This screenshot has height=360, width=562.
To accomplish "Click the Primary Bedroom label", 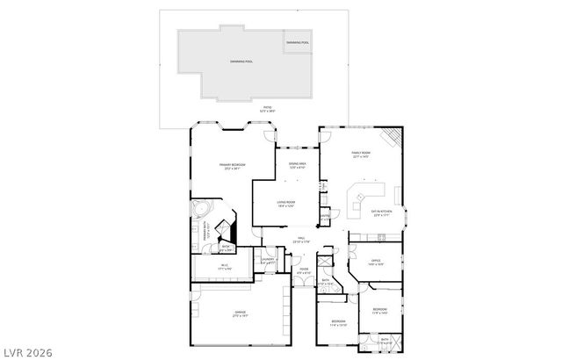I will (x=232, y=166).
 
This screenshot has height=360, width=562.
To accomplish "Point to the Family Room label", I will (x=359, y=155).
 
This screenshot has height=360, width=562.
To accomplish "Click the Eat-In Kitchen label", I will (x=381, y=212).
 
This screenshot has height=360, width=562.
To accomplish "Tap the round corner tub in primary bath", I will (x=202, y=212).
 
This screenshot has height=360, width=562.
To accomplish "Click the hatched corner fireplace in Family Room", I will (x=392, y=138).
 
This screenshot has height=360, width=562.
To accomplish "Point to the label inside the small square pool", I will (x=298, y=42).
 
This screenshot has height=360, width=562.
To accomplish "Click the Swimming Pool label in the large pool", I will (x=241, y=61).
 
